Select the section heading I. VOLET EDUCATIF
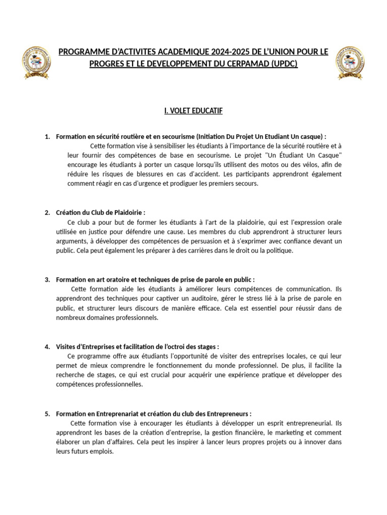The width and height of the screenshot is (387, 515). coord(193,110)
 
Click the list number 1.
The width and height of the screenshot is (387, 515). coord(47,136)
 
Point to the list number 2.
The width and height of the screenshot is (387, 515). coord(47,213)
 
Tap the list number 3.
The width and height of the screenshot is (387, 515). coord(47,279)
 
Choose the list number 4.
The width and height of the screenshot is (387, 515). coord(47,347)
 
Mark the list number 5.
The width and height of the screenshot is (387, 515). coord(47,413)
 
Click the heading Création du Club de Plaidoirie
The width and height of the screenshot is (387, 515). coord(100,213)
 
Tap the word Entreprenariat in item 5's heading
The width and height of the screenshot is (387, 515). coord(111,413)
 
